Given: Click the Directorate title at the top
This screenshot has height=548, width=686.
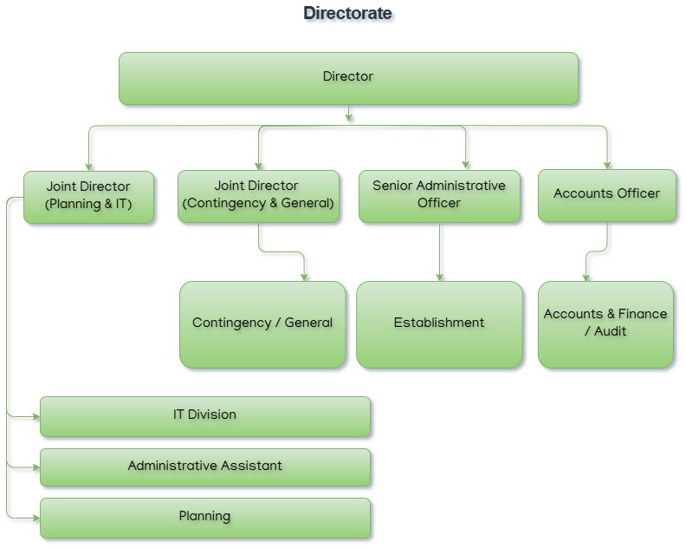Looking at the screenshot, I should click(x=347, y=13).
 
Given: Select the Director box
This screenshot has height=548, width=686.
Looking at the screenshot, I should click(x=348, y=78).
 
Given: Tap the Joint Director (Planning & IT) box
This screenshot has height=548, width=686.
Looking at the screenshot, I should click(x=88, y=197).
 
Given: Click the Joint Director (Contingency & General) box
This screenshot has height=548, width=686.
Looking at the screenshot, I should click(x=258, y=196).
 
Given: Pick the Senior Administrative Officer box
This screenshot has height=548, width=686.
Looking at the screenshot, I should click(x=439, y=196).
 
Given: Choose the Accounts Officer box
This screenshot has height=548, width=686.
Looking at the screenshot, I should click(x=606, y=195).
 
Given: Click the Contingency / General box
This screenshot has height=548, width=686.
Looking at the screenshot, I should click(x=262, y=323).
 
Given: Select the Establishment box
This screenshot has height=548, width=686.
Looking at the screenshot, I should click(x=439, y=323).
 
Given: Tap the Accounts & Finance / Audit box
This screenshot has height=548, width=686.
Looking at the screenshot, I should click(x=605, y=323).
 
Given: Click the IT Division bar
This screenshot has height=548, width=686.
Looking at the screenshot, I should click(x=204, y=415).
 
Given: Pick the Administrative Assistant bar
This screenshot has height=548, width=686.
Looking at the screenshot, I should click(x=204, y=466).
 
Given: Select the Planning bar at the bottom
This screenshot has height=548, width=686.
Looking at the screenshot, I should click(x=204, y=517).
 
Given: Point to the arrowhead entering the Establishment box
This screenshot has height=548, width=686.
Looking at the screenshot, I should click(x=440, y=277).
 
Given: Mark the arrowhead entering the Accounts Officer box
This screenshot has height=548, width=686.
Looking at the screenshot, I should click(x=607, y=165).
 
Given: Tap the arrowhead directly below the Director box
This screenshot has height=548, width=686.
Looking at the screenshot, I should click(x=349, y=117).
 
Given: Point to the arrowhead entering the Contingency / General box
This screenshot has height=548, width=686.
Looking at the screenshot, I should click(x=305, y=277).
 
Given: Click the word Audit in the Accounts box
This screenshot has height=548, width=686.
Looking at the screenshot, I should click(x=610, y=331).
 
